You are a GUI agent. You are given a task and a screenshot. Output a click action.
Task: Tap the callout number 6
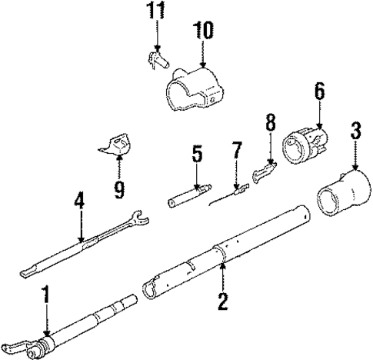(318, 92)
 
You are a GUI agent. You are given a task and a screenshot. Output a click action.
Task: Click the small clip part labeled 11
(158, 58)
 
